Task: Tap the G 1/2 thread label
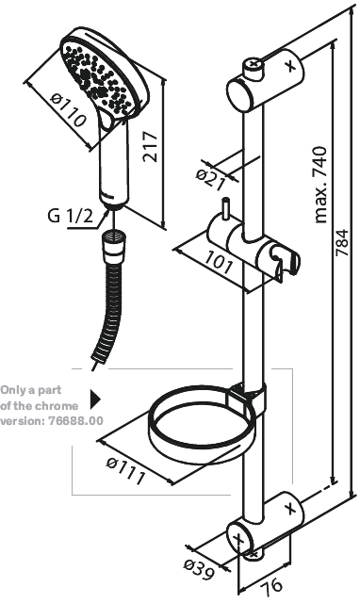click(x=71, y=217)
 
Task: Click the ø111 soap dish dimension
click(x=126, y=468)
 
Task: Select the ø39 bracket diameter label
click(x=196, y=565)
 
